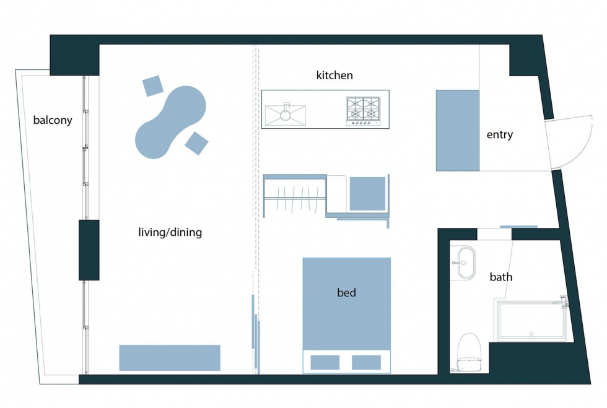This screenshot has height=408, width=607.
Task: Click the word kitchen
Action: click(334, 75)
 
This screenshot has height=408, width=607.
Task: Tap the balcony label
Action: click(53, 120)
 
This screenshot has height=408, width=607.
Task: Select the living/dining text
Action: click(170, 232)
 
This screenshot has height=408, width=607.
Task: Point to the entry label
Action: click(500, 135)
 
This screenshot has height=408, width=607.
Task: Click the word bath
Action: click(501, 277)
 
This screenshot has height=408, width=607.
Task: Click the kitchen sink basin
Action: click(286, 115)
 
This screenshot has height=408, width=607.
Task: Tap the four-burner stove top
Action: click(364, 111)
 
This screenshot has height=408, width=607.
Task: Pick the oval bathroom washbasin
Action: click(466, 263)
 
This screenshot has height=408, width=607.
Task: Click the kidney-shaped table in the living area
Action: click(170, 123)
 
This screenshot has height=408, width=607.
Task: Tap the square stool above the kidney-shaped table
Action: click(152, 86)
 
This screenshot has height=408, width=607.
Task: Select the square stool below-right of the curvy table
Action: click(197, 143)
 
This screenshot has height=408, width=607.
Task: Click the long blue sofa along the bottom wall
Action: click(170, 358)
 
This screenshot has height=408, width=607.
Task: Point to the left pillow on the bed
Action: click(325, 363)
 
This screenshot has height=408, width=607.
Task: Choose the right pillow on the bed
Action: click(366, 363)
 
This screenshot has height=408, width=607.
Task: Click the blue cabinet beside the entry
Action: click(458, 131)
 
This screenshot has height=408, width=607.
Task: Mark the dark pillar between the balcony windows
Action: click(89, 250)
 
